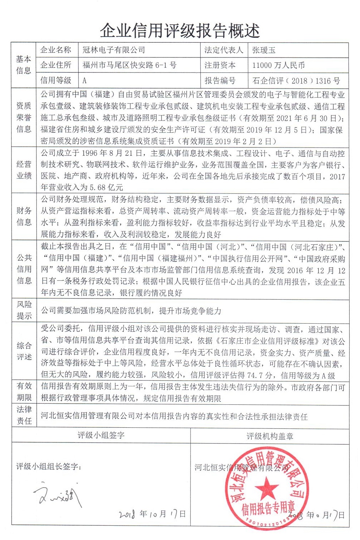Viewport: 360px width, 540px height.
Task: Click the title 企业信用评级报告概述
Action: [179, 31]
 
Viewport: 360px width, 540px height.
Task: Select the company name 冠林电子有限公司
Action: [114, 50]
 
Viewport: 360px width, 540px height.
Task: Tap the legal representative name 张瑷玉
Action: [264, 50]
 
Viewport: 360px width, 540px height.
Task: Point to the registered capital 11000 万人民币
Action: [279, 65]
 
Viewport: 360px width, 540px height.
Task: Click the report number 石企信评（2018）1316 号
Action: [296, 81]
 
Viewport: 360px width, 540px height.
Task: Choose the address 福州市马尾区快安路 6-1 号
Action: [129, 65]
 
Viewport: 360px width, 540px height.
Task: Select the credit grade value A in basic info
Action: [85, 81]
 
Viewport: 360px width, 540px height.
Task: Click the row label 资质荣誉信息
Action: [24, 117]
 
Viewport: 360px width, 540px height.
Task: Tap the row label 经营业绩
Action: [24, 170]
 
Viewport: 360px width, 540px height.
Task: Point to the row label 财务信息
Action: [24, 216]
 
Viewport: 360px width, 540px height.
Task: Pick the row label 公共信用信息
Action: [24, 269]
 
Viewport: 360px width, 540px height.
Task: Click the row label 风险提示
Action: [24, 310]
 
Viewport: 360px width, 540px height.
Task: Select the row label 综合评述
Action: [24, 351]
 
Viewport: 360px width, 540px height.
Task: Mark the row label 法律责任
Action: [24, 415]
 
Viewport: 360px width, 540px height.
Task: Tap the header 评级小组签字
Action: [101, 436]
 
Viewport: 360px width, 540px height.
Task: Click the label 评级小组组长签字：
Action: [49, 466]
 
